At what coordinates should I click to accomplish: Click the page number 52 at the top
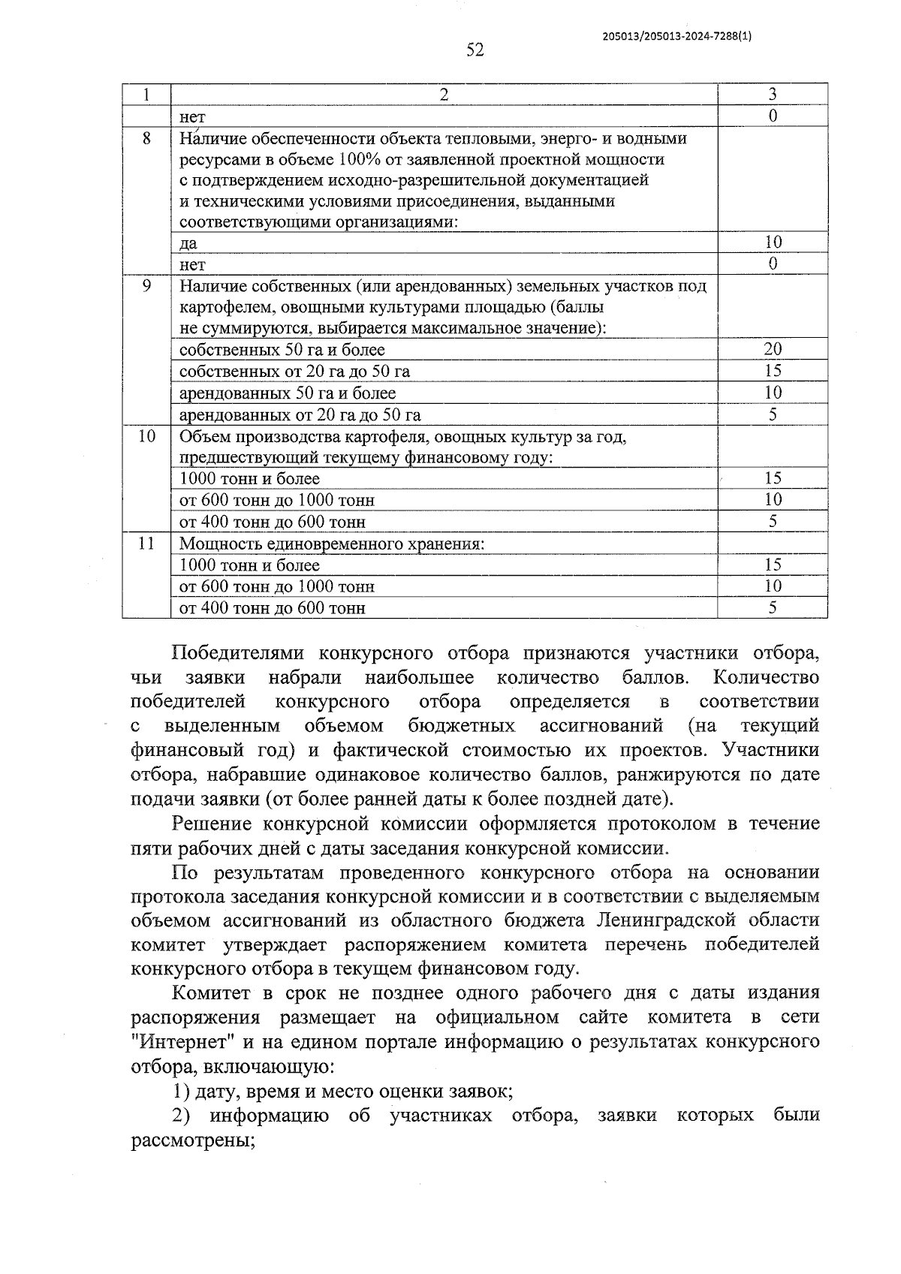click(x=475, y=50)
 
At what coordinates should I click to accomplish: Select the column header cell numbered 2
click(x=444, y=95)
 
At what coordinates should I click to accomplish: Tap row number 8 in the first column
click(x=146, y=139)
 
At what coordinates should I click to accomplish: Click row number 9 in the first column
click(x=146, y=286)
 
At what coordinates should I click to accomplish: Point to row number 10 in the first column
click(x=146, y=436)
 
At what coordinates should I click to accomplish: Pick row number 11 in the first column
click(x=146, y=544)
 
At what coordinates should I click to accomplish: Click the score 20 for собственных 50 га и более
click(x=773, y=349)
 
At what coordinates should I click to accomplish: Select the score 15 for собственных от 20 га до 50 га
click(x=773, y=371)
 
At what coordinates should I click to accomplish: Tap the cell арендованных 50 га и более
click(x=288, y=393)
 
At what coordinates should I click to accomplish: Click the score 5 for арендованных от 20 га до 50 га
click(x=773, y=414)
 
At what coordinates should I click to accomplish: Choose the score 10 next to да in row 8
click(x=773, y=242)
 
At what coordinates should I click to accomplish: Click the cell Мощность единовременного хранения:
click(x=331, y=544)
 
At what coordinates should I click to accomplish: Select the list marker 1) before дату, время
click(x=180, y=1092)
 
